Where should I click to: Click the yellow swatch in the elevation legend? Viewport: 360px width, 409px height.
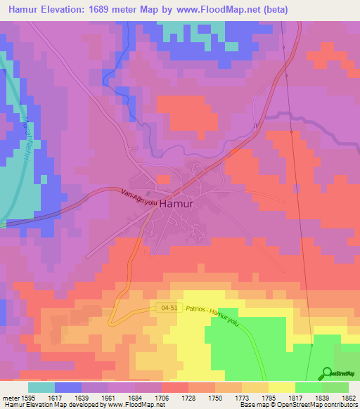click(x=281, y=387)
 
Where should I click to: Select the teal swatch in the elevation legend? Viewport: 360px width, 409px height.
click(x=41, y=387)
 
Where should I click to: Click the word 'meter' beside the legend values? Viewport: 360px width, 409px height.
click(x=9, y=397)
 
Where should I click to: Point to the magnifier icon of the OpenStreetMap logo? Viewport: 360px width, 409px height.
click(x=327, y=373)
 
